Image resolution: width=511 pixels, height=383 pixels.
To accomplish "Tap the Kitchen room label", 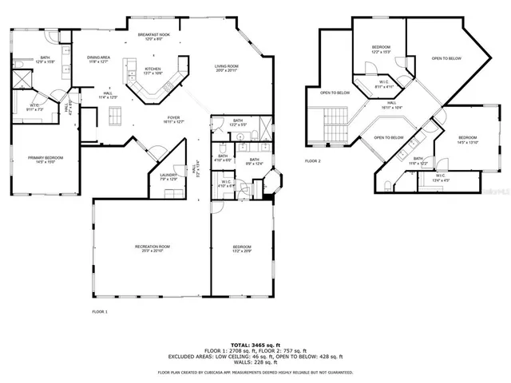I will pyautogui.click(x=153, y=71).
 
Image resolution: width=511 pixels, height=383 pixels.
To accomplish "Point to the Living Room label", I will pyautogui.click(x=228, y=68).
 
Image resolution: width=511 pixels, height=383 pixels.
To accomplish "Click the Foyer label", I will pyautogui.click(x=174, y=120).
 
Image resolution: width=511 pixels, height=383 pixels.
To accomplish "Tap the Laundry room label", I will pyautogui.click(x=167, y=177).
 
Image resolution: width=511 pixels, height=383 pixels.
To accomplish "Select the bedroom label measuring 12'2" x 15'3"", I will pyautogui.click(x=380, y=49).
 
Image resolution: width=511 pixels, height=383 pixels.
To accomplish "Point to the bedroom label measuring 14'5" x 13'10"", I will pyautogui.click(x=467, y=140).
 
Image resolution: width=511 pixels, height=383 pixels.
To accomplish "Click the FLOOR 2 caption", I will pyautogui.click(x=312, y=160).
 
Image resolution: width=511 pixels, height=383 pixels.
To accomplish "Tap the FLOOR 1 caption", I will pyautogui.click(x=99, y=310).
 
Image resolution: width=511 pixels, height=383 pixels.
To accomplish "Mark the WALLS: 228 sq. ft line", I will pyautogui.click(x=255, y=363).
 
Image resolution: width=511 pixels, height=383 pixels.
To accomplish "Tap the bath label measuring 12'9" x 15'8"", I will pyautogui.click(x=47, y=59).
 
